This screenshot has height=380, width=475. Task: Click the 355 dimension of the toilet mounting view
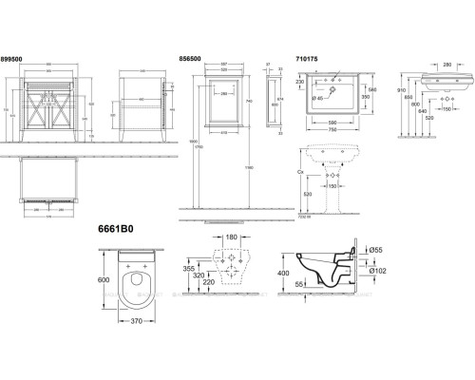pyautogui.click(x=200, y=270)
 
